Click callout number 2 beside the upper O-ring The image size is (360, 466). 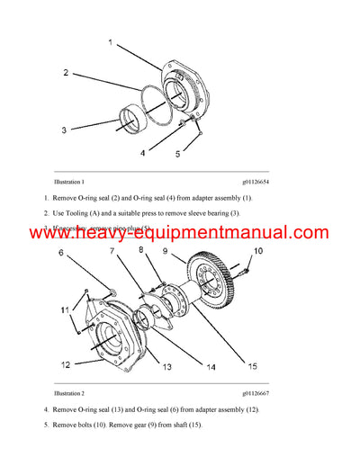66,71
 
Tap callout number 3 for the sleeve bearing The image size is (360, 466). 64,130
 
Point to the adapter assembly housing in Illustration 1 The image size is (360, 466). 190,89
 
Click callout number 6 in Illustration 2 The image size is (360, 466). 62,255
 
